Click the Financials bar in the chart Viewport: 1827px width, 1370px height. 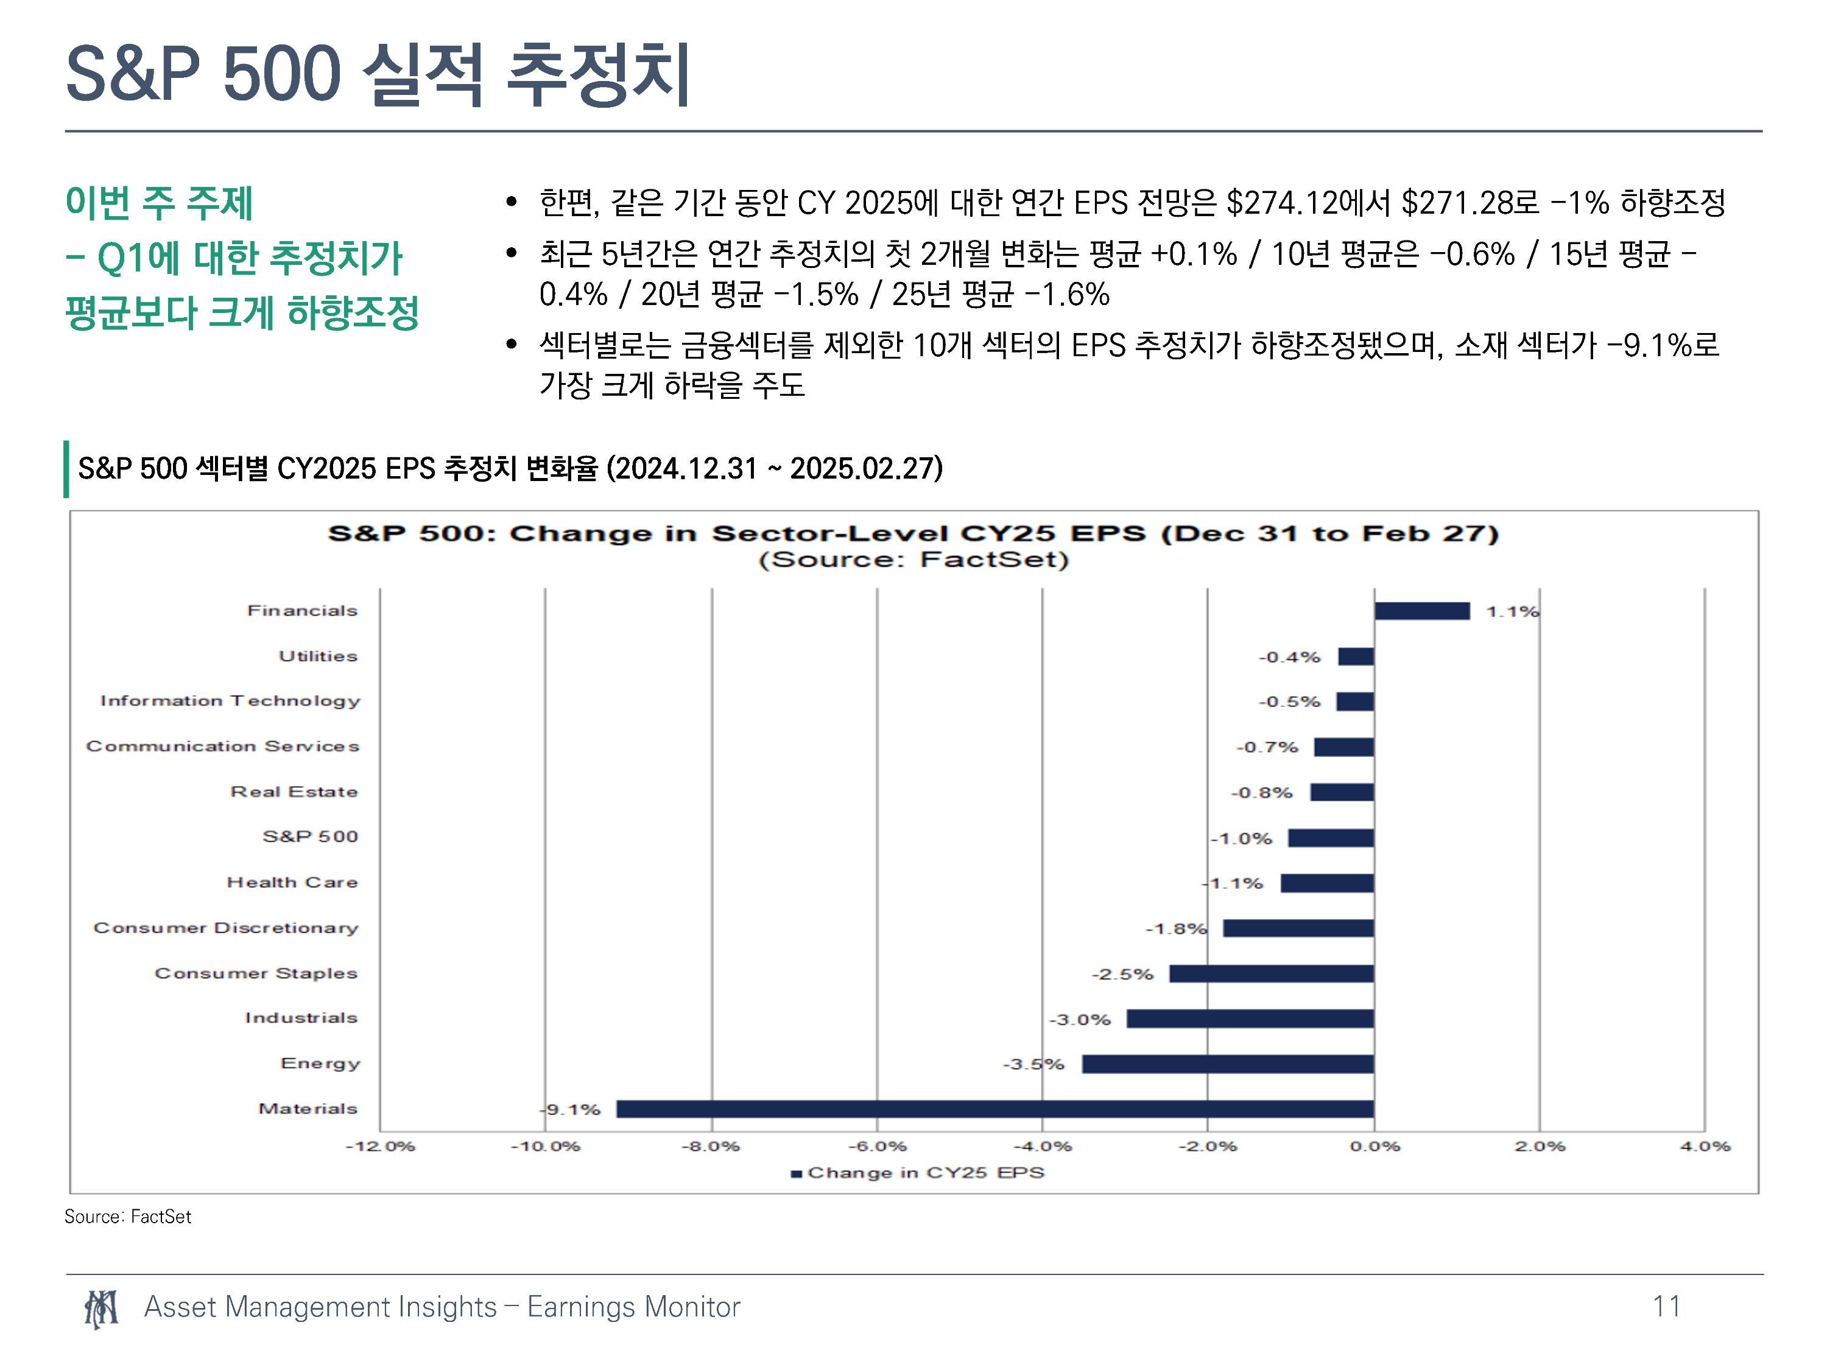[x=1421, y=611]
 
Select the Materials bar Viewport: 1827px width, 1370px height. [x=995, y=1109]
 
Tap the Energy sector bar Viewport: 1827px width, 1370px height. [x=1228, y=1064]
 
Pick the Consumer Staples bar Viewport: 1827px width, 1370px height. [x=1272, y=974]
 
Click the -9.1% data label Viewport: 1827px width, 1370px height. [x=572, y=1109]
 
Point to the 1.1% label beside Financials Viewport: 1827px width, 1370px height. [x=1512, y=611]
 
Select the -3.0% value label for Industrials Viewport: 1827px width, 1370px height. [x=1080, y=1019]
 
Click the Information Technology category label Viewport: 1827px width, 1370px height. [x=230, y=701]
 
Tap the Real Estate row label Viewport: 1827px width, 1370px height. [x=294, y=791]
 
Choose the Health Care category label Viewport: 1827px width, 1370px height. [x=292, y=882]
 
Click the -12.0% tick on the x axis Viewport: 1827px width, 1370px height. [x=380, y=1146]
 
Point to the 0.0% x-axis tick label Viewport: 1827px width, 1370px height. [x=1375, y=1146]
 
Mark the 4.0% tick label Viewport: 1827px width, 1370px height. [x=1705, y=1146]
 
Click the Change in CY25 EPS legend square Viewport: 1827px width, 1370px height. [x=796, y=1173]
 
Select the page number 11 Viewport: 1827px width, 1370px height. [x=1666, y=1307]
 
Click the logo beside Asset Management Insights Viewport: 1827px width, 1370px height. [x=100, y=1308]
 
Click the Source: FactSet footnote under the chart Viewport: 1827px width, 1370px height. [x=128, y=1217]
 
